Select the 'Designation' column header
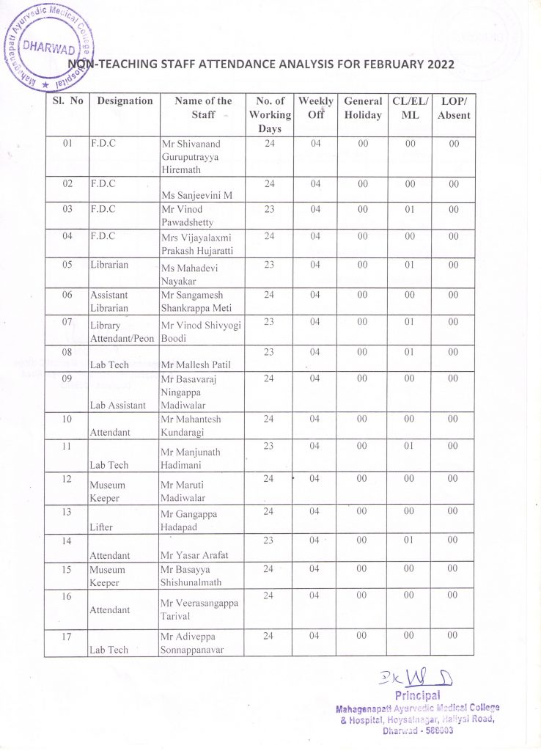coord(125,101)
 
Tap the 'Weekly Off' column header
coord(315,108)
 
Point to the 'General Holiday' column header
coord(362,108)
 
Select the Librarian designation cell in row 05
coord(111,264)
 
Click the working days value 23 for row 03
coord(269,210)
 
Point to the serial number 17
coord(66,637)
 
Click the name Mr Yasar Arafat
coord(194,554)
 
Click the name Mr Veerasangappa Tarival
coord(200,609)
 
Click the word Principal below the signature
coord(416,695)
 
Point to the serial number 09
coord(66,379)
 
